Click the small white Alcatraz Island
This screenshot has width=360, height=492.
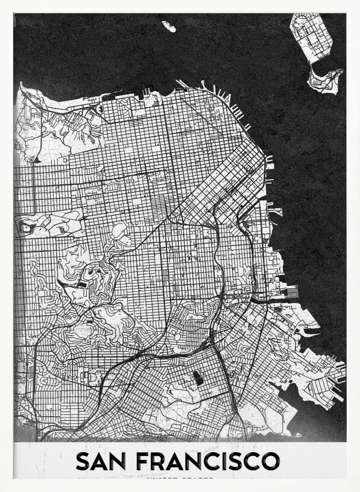pos(168,27)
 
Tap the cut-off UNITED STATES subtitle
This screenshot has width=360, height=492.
pos(180,478)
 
